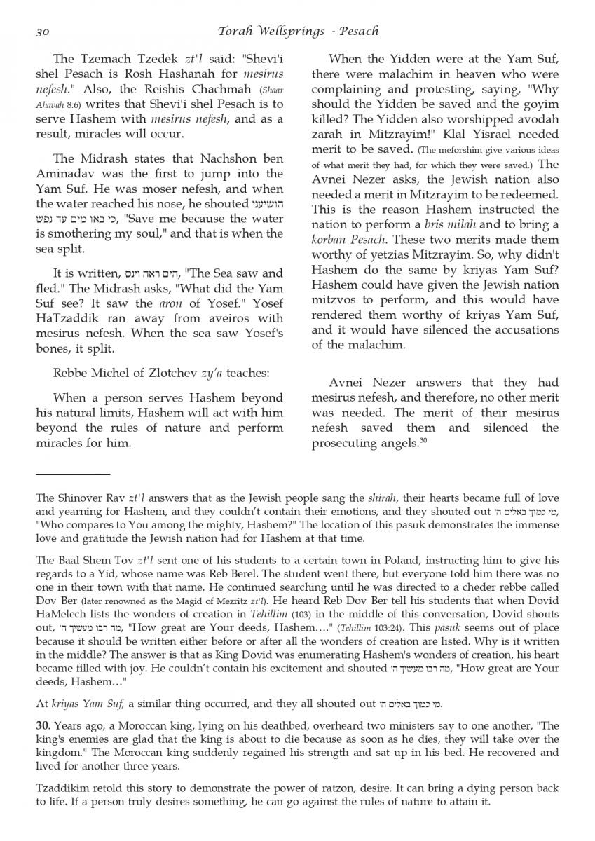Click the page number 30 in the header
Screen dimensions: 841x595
point(41,31)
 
